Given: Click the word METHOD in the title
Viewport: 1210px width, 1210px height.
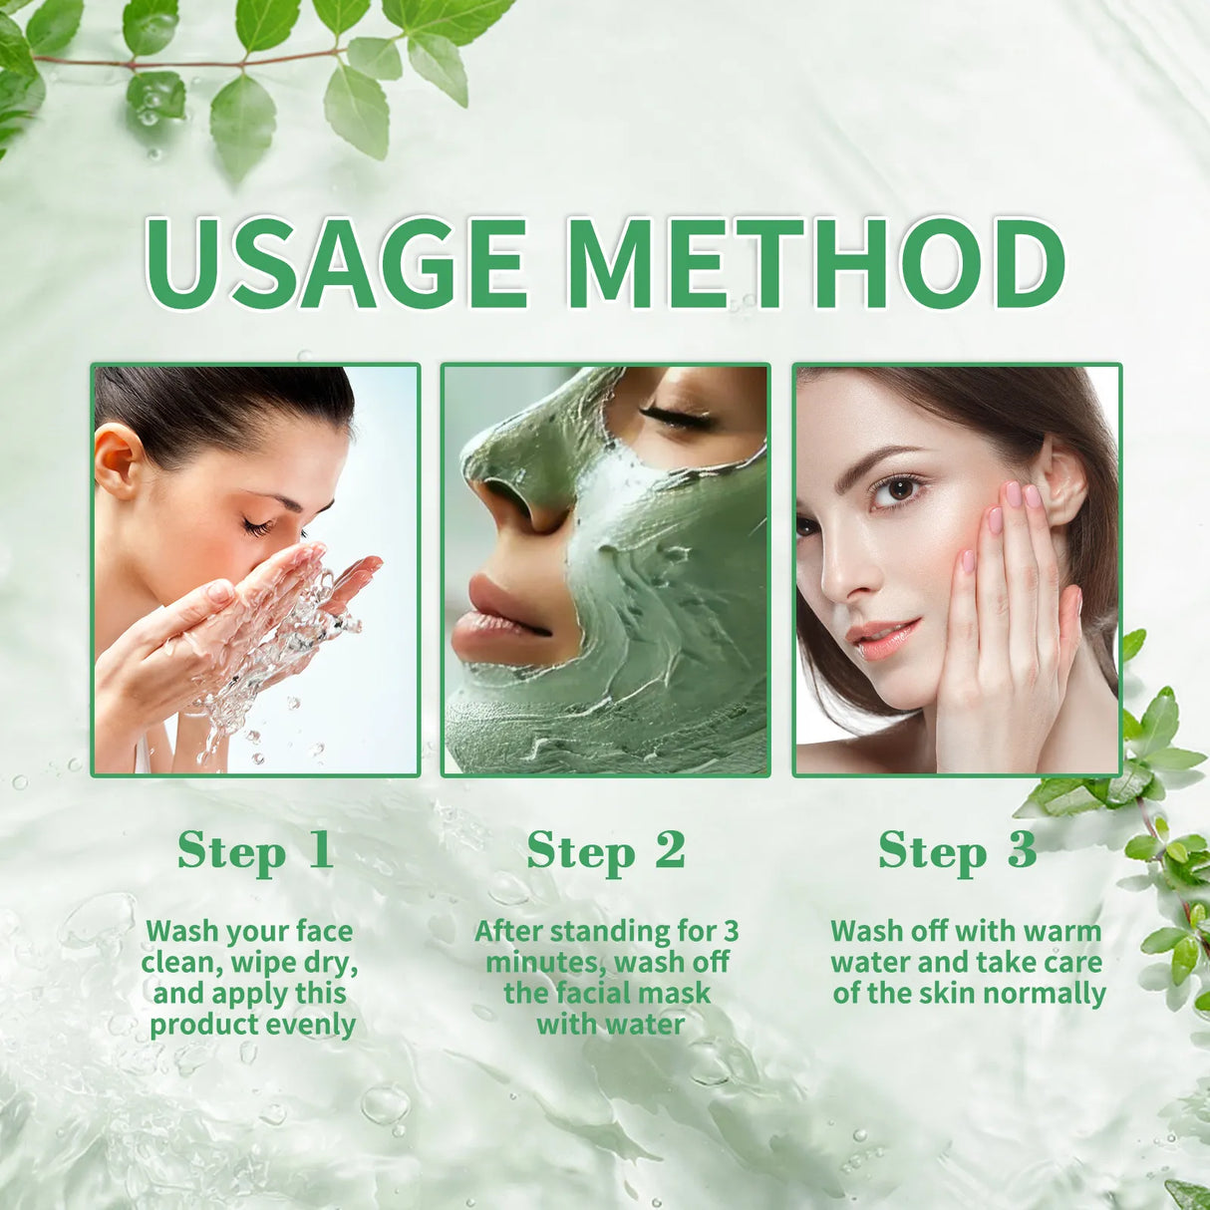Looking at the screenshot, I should [x=819, y=262].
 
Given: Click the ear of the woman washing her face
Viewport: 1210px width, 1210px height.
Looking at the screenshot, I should [x=118, y=459].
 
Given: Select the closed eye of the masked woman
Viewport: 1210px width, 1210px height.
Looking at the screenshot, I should [x=678, y=417].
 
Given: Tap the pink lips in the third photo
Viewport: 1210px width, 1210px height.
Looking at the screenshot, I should [x=882, y=635].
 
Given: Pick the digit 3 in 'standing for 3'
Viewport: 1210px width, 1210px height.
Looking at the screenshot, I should [x=731, y=931].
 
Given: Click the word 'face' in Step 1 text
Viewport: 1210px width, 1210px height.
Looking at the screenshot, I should [x=324, y=931].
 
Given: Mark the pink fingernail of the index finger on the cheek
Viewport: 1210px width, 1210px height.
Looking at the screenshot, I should [x=1014, y=494].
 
